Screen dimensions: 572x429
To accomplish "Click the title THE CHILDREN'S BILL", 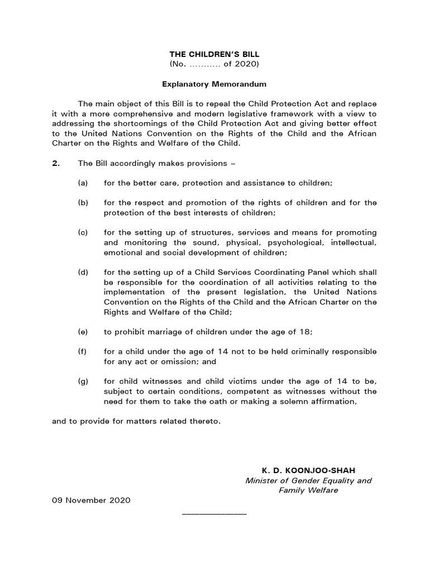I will coord(214,54).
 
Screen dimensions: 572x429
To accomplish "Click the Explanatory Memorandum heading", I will coord(214,84).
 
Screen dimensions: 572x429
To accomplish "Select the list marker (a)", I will coord(83,183).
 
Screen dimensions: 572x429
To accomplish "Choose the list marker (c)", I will coord(83,232).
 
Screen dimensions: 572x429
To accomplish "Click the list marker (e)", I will coord(83,331).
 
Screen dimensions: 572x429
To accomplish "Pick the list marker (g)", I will coord(83,382).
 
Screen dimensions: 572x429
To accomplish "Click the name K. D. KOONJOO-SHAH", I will coord(308,470).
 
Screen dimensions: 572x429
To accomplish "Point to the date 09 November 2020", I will coord(91,500).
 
